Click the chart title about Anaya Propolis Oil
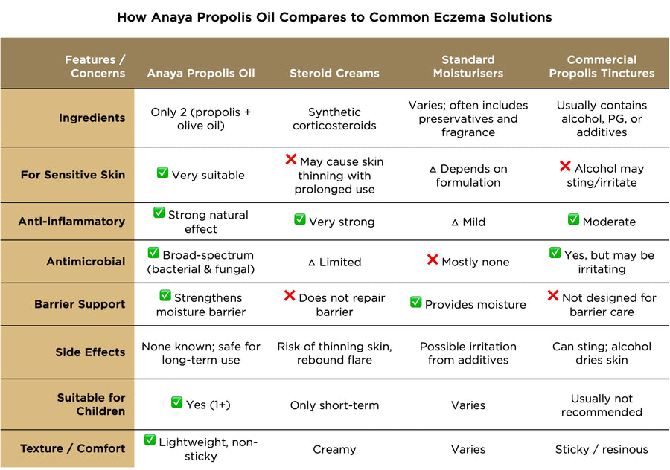[334, 17]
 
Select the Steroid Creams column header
[334, 73]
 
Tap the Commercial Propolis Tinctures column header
[602, 66]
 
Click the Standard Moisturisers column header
[468, 66]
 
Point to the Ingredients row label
[92, 118]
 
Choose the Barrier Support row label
[80, 304]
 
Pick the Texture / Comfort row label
[73, 448]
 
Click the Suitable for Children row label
[92, 405]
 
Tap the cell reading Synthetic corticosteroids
[334, 118]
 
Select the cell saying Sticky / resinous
[602, 449]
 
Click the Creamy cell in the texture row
[334, 449]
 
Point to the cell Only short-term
[334, 405]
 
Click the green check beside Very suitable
[162, 173]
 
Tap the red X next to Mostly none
[432, 260]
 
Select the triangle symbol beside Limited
[312, 263]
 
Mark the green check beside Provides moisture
[416, 303]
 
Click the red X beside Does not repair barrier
[290, 296]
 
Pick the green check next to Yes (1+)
[176, 402]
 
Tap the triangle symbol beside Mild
[455, 222]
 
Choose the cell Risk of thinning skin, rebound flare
[334, 353]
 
